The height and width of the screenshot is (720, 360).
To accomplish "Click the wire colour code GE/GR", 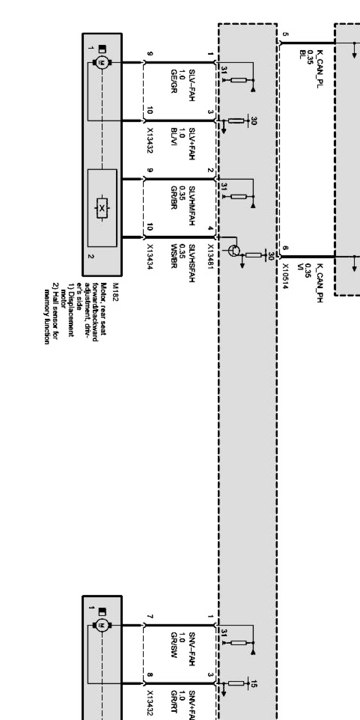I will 174,81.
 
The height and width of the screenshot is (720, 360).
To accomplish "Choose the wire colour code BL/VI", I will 174,136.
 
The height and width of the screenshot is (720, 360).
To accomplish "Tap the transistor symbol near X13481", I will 234,251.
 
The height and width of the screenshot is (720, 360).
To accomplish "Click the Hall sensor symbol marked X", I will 102,208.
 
